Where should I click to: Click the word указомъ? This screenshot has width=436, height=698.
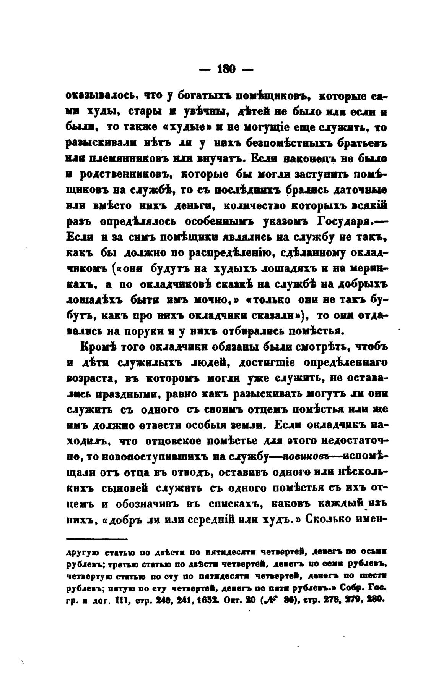pos(283,221)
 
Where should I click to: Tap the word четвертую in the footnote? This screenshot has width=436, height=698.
pos(85,575)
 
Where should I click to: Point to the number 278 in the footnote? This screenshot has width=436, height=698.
pos(329,599)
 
